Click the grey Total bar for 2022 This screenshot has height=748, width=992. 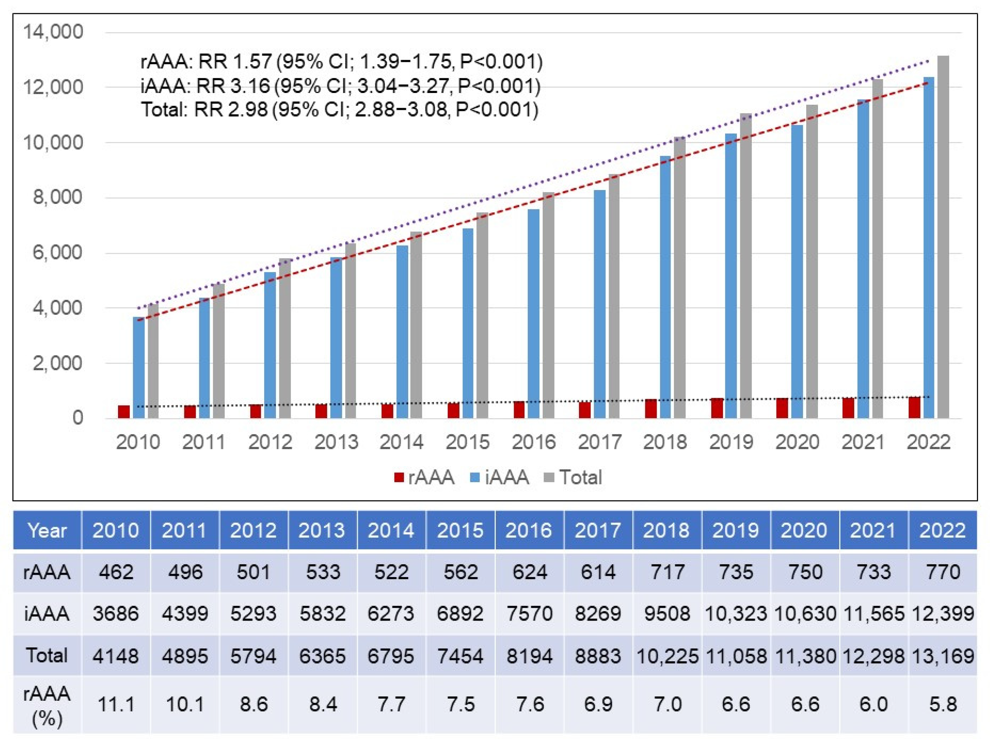(x=943, y=238)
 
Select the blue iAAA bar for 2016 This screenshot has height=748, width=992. (x=533, y=314)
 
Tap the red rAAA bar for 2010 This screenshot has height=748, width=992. (x=124, y=412)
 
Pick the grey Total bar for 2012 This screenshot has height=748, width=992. (x=285, y=338)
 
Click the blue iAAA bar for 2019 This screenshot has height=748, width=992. (x=731, y=276)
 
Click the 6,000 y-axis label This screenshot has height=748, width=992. (x=58, y=253)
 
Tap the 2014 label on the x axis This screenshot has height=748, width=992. (x=401, y=442)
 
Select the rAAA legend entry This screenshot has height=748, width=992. (x=424, y=478)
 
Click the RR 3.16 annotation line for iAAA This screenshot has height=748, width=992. (x=340, y=86)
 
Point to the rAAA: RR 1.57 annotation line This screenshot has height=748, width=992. (x=341, y=62)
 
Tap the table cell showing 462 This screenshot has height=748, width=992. (x=116, y=572)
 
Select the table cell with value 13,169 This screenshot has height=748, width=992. (x=943, y=656)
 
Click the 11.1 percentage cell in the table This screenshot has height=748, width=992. (x=116, y=704)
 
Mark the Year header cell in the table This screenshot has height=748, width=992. (x=47, y=531)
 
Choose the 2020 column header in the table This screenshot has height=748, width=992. (x=804, y=531)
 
